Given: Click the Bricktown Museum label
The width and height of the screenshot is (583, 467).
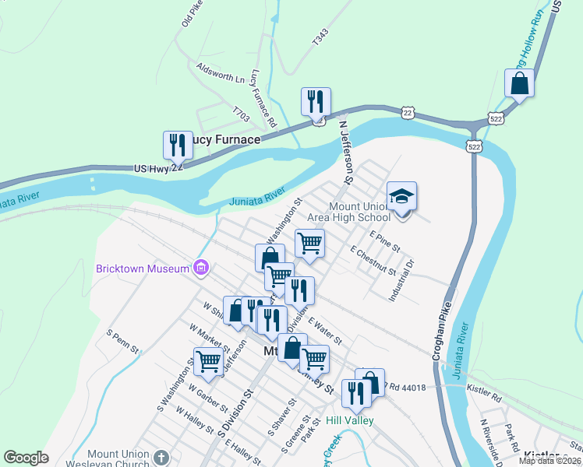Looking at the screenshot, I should coord(143,269).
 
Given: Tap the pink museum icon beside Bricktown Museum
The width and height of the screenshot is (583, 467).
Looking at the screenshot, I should coord(202,269).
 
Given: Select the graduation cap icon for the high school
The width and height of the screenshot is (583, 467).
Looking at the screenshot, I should coord(401,196).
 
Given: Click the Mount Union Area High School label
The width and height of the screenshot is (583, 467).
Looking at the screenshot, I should coord(359,212).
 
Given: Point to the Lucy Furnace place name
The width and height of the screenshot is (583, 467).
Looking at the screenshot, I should coord(225,139).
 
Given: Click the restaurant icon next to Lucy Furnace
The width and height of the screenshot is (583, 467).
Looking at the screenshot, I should coord(178,145).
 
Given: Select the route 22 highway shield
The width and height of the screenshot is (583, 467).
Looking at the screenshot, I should coord(408,113).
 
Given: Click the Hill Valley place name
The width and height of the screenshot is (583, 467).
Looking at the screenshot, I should coord(350,420).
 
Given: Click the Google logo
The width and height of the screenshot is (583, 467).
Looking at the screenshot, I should coord(26,458).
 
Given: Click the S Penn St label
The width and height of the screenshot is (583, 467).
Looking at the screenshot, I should coord(123,339).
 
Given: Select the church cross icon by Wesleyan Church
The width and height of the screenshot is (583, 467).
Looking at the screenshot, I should coord(161,458).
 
